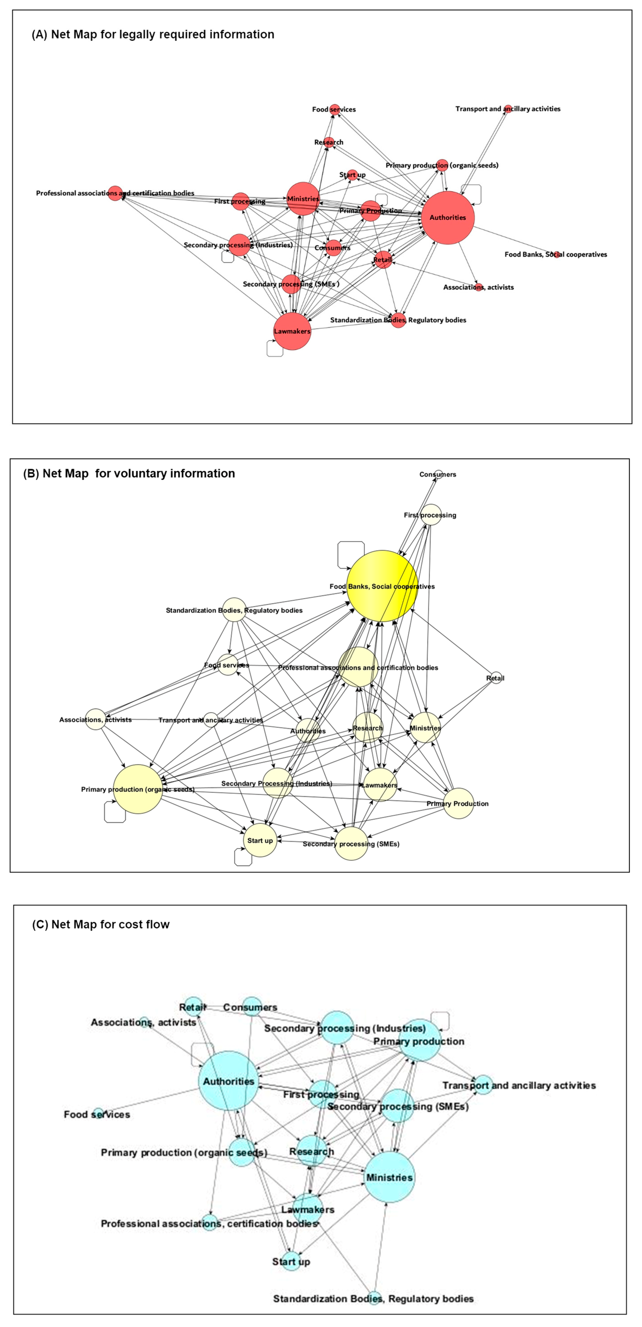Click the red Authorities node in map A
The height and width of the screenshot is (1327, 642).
[x=448, y=217]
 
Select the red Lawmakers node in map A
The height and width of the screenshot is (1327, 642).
[x=292, y=331]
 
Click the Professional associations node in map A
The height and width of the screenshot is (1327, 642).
[x=115, y=193]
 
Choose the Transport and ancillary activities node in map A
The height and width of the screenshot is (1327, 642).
[x=508, y=109]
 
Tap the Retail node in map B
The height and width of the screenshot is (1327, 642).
[x=496, y=678]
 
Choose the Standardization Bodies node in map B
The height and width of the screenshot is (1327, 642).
[x=234, y=610]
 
